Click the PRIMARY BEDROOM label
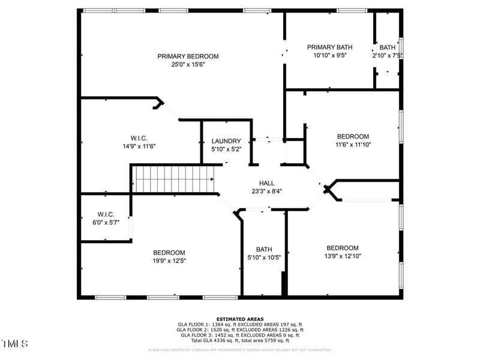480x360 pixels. coord(188,56)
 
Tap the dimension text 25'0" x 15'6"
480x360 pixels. coord(188,64)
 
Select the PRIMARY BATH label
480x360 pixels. coord(329,47)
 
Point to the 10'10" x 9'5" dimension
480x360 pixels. coord(329,55)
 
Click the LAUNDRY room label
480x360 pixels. coord(226,141)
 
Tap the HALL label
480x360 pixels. coord(266,183)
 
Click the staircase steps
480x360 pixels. coord(173,179)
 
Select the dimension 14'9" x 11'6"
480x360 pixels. coord(139,146)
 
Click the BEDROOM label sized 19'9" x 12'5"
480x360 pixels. coord(169,253)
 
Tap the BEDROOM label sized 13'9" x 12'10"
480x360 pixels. coord(342,248)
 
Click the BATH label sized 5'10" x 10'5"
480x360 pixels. coord(264,250)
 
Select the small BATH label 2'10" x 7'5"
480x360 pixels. coord(387,47)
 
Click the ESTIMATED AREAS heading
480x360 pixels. coord(240,319)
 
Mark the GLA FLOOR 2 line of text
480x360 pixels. coord(240,329)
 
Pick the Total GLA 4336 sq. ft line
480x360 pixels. coord(240,340)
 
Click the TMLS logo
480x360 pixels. coord(15,344)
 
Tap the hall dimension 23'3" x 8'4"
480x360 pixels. coord(266,191)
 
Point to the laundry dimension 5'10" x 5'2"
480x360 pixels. coord(226,149)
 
